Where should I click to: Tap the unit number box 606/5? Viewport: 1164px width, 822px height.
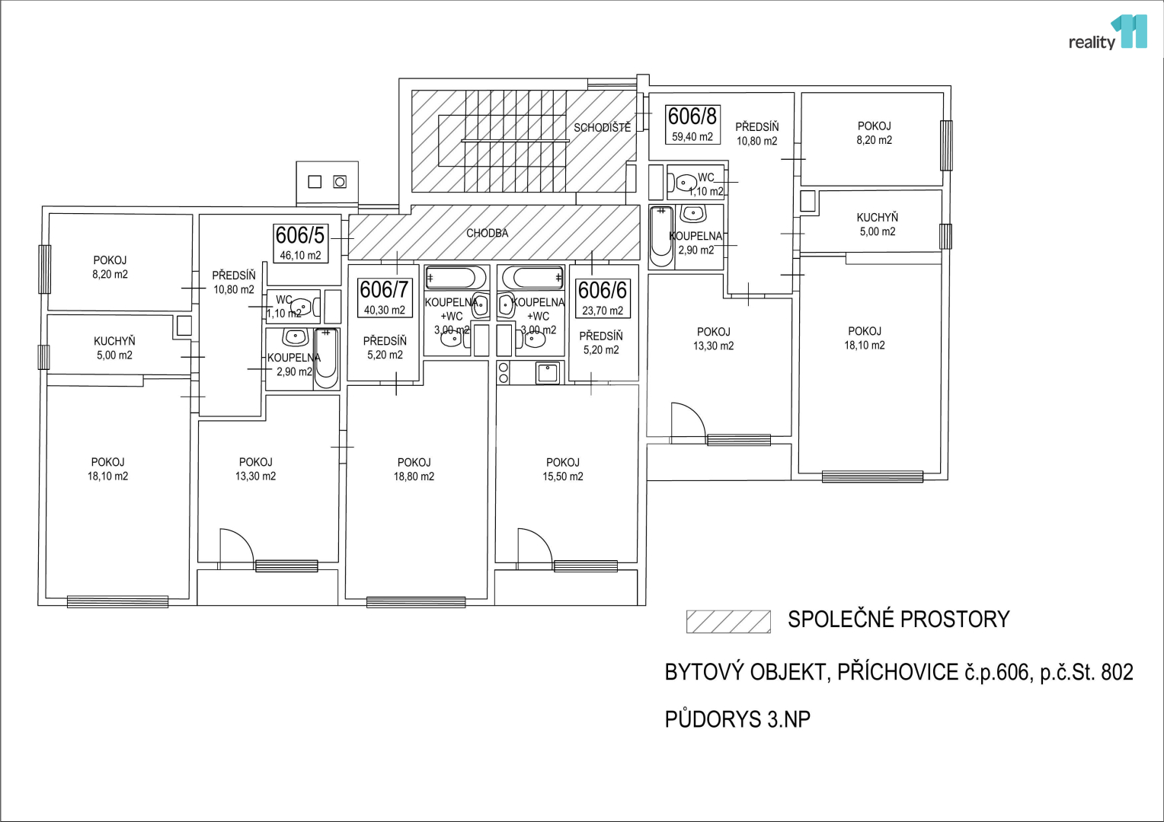[x=300, y=243]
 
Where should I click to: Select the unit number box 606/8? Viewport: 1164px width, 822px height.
[x=692, y=124]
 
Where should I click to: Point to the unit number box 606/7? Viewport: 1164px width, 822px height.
[x=385, y=298]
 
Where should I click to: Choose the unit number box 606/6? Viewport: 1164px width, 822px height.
[x=603, y=298]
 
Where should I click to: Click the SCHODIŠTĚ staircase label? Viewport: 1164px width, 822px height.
[x=603, y=127]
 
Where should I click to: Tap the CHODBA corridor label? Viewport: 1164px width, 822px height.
[x=487, y=233]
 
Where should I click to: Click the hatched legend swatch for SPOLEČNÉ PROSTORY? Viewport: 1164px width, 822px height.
[x=728, y=622]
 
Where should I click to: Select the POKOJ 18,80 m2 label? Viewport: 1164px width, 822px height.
[x=414, y=470]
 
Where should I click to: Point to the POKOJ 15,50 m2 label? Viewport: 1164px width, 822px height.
[x=563, y=470]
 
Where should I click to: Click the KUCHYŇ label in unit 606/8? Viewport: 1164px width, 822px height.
[x=877, y=225]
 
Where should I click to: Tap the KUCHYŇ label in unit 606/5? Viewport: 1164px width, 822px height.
[x=114, y=348]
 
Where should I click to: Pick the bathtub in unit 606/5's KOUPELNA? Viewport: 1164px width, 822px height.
[x=326, y=358]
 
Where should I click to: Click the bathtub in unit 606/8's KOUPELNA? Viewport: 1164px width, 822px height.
[x=661, y=237]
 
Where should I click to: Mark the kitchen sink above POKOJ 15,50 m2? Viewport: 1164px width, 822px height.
[x=548, y=373]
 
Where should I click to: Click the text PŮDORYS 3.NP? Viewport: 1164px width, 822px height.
[x=737, y=719]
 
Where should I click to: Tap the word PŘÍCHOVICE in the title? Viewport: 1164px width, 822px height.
[x=898, y=673]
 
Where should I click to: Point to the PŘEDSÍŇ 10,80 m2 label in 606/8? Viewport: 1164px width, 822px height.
[x=756, y=133]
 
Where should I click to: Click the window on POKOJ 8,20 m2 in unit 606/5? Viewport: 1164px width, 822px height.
[x=45, y=269]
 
